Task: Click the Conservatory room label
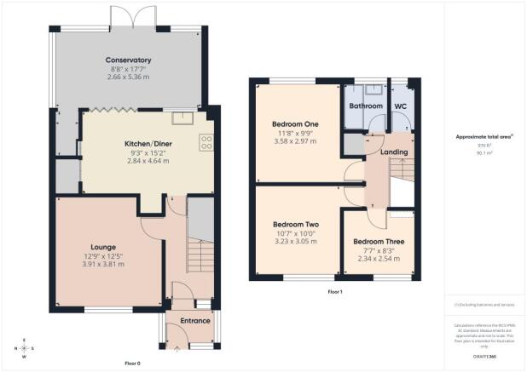pyautogui.click(x=128, y=60)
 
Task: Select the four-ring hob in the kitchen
pyautogui.click(x=206, y=142)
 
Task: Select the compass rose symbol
pyautogui.click(x=25, y=348)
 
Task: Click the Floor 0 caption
pyautogui.click(x=132, y=363)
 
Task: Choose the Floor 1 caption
pyautogui.click(x=335, y=292)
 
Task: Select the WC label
pyautogui.click(x=399, y=106)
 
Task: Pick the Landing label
pyautogui.click(x=394, y=152)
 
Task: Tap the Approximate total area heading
pyautogui.click(x=485, y=136)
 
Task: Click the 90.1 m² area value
pyautogui.click(x=485, y=154)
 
